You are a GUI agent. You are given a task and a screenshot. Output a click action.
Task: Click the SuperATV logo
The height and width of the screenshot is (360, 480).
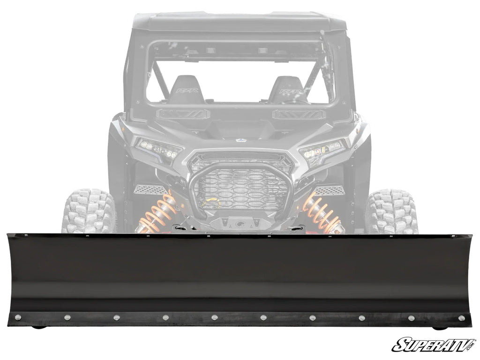[433, 345]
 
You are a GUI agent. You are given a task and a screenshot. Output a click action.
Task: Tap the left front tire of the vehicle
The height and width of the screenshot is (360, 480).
[88, 211]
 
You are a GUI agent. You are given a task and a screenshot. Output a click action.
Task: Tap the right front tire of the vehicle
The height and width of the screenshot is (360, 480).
[391, 211]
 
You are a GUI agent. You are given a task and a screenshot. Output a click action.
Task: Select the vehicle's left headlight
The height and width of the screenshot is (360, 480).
[158, 150]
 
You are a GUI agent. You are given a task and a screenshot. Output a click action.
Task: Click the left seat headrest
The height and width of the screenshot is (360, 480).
[186, 89]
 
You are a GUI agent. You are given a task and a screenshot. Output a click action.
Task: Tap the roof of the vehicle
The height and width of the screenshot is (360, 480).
[239, 21]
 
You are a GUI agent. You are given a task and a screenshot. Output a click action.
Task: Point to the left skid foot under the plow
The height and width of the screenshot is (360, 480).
[40, 327]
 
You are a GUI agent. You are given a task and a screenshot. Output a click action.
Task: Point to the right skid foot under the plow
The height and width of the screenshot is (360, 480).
[441, 327]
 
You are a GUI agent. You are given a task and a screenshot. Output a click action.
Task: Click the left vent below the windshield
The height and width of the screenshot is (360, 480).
[183, 114]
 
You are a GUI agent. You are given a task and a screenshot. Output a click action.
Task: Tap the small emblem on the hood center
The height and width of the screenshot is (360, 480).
[241, 139]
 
